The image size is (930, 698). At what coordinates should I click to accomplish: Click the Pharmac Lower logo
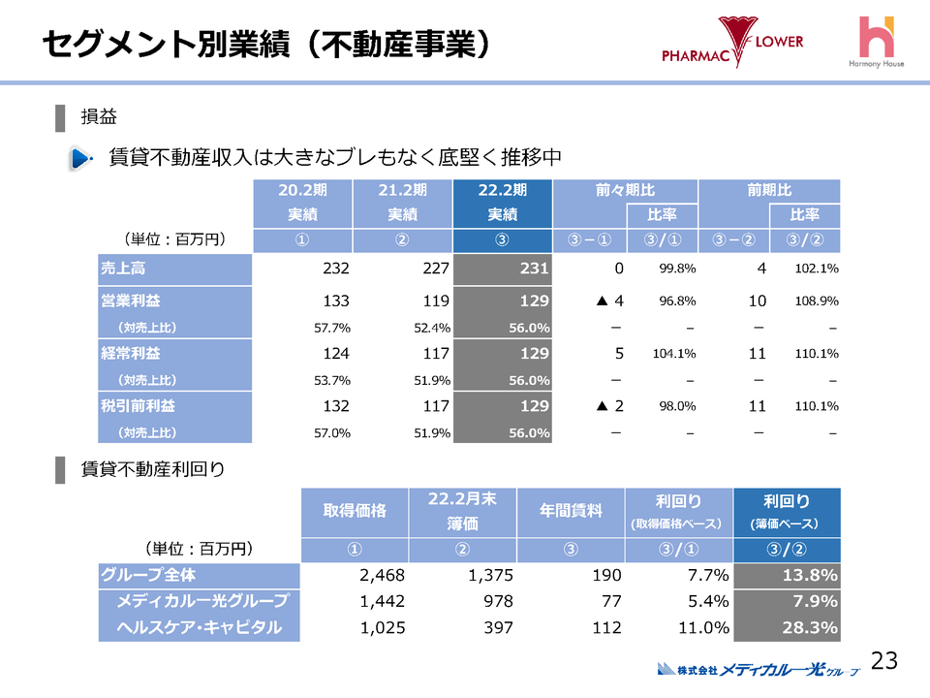pos(732,44)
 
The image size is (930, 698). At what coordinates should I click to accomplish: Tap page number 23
pos(884,661)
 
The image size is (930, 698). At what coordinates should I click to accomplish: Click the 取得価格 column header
pos(355,511)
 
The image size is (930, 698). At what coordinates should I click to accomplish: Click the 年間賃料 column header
pos(572,511)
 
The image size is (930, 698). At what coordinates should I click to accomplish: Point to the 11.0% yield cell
pos(702,627)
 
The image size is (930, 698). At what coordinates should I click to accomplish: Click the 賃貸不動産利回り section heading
pos(153,470)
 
